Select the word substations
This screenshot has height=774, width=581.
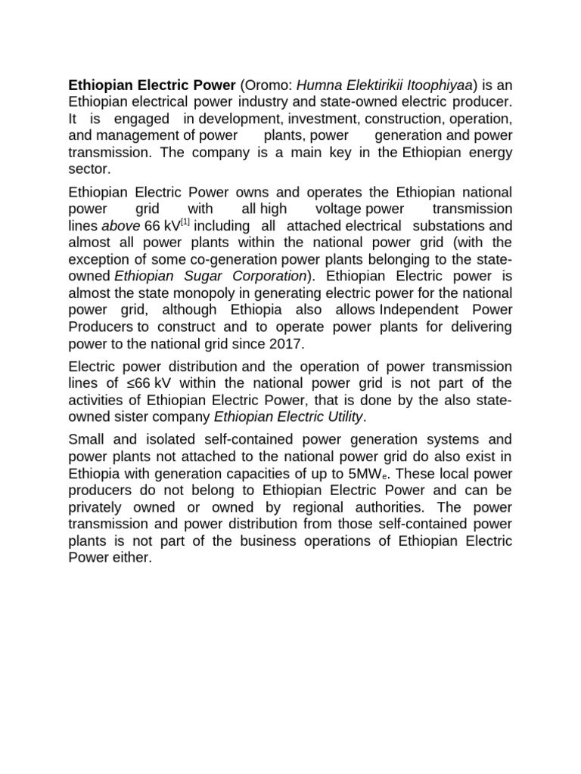(x=442, y=226)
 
